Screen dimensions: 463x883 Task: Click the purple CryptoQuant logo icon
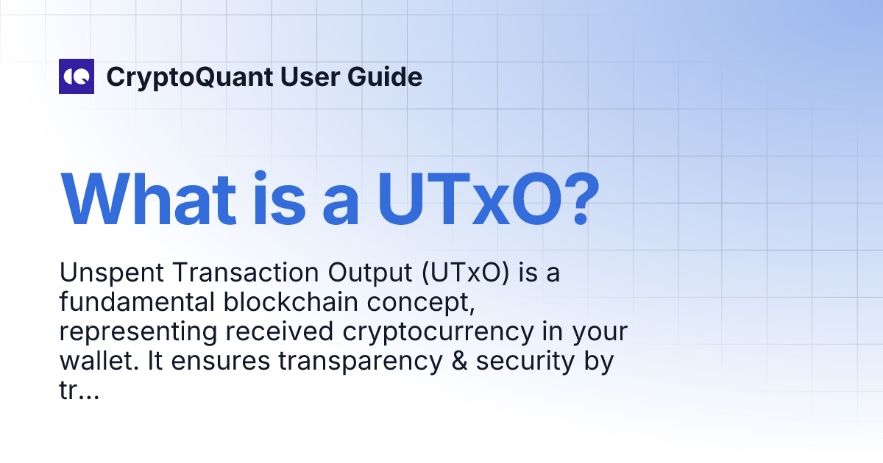(77, 76)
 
